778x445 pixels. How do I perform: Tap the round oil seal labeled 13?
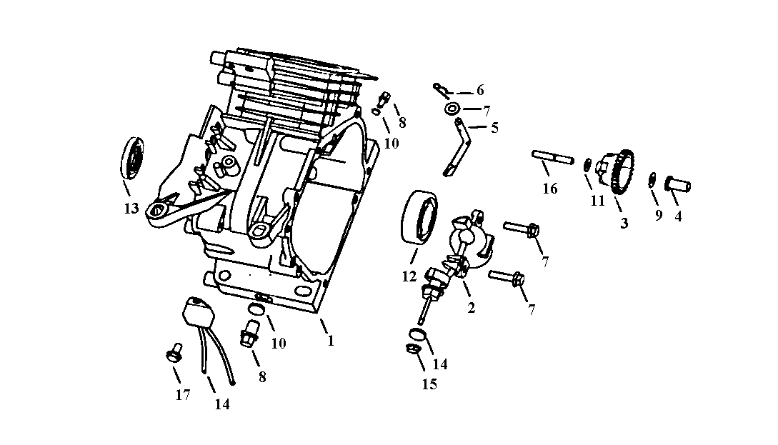pos(132,159)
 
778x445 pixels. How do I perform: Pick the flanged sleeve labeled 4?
pos(679,184)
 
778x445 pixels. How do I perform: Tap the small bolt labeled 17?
pos(172,354)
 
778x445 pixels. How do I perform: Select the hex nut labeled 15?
pos(412,349)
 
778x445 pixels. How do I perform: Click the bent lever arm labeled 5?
pos(458,147)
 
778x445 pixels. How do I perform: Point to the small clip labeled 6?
pos(440,89)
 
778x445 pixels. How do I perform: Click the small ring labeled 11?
pos(587,165)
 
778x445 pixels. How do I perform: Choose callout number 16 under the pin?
pos(549,189)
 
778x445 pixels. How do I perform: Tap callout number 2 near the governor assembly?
pos(471,309)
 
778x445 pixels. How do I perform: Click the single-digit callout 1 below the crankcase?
pos(331,341)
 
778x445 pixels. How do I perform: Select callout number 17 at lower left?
pos(183,394)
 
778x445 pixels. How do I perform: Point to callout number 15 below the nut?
pos(429,384)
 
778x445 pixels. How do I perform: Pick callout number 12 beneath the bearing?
pos(409,276)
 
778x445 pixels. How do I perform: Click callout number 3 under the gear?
pos(624,223)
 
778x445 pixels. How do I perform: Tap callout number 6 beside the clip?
pos(480,90)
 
